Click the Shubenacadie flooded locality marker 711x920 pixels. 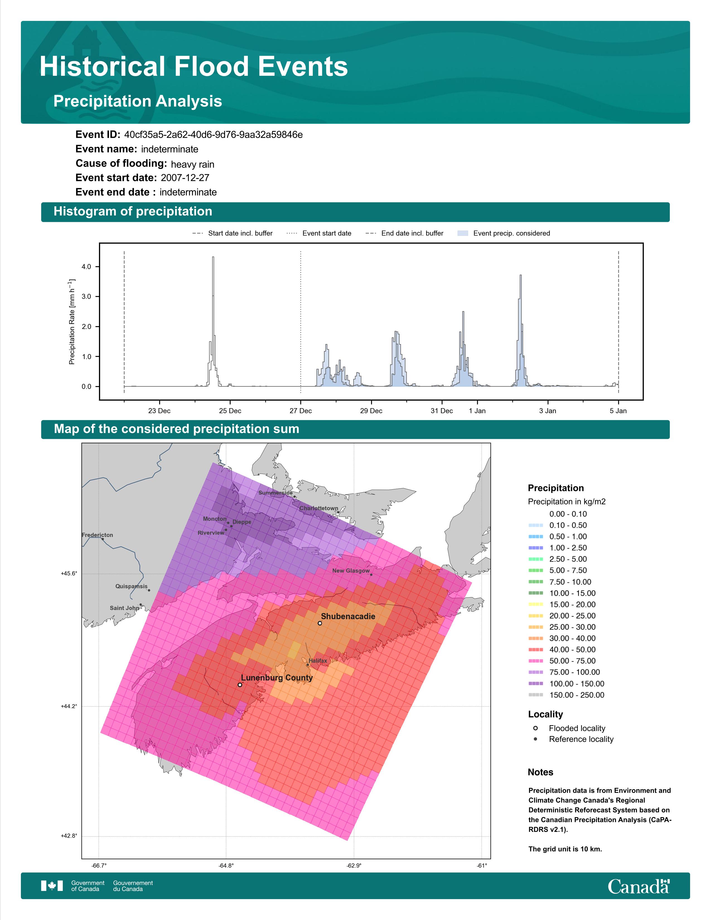pos(320,623)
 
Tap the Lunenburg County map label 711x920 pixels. pos(277,678)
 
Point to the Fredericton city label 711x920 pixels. pos(97,535)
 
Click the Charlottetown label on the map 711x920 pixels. pos(319,509)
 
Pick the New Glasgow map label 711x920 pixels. pos(351,571)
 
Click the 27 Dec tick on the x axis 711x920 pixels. pos(300,411)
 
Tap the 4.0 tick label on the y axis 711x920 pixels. pos(86,267)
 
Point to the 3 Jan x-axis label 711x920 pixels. pos(548,411)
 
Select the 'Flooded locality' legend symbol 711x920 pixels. pos(535,728)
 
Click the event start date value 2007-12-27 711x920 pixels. pos(185,178)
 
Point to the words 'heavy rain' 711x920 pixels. pos(192,164)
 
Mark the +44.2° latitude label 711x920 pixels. pos(69,706)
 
